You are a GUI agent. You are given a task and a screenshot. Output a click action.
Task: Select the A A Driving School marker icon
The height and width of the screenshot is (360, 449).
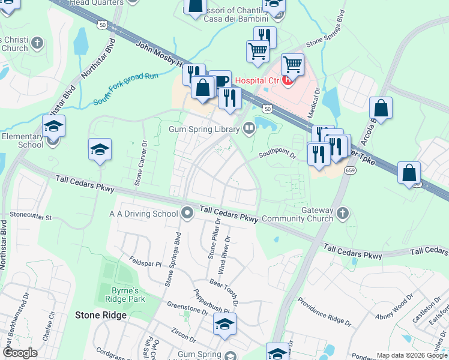[x=187, y=212]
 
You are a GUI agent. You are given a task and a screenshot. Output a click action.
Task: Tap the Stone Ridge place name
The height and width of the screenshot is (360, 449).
[x=101, y=315]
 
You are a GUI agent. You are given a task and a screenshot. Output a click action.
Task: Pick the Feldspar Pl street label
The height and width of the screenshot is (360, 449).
[x=145, y=263]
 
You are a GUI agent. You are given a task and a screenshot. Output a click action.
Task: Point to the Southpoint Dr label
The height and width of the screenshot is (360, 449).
[x=277, y=155]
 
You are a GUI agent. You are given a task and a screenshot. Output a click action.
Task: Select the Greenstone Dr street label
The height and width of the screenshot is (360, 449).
[x=187, y=308]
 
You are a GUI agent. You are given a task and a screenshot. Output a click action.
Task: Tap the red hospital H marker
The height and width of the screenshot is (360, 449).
[x=288, y=79]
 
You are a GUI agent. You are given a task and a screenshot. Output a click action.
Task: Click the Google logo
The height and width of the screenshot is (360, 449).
[x=20, y=353]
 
